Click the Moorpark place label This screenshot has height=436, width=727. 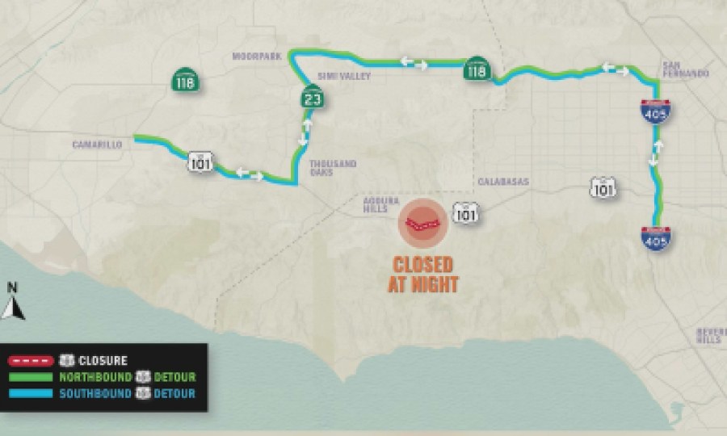252,57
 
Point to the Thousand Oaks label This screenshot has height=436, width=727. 333,167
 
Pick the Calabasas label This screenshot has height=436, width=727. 502,182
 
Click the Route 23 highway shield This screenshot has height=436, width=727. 310,99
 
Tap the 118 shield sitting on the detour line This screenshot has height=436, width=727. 475,70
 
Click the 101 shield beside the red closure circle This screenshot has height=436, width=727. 464,212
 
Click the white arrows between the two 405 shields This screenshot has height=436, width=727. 657,153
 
